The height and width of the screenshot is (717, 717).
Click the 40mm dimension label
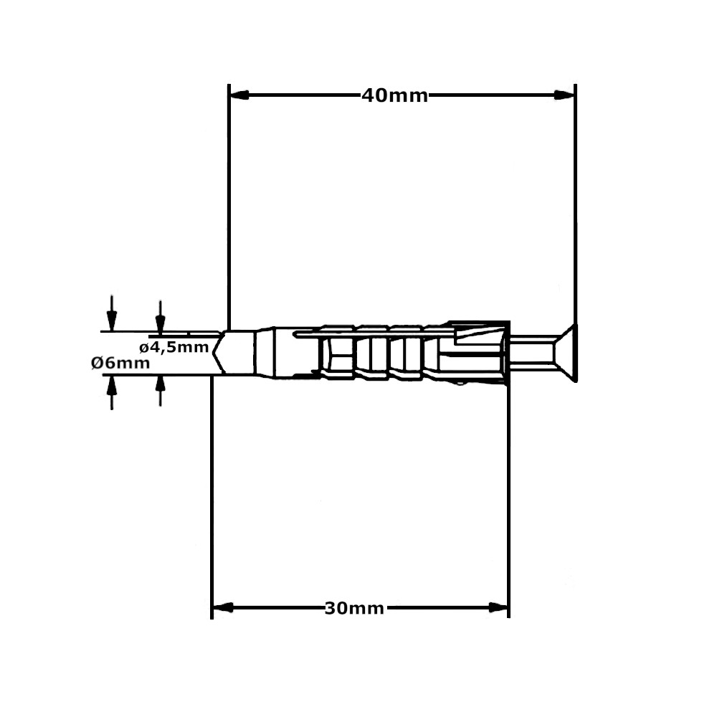click(394, 95)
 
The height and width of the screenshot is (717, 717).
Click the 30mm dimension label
click(354, 609)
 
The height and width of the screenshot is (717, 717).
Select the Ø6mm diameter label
click(120, 363)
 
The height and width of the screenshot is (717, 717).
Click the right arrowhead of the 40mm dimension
click(566, 95)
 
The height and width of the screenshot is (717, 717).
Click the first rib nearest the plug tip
click(337, 352)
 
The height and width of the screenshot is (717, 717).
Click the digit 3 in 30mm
click(331, 609)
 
